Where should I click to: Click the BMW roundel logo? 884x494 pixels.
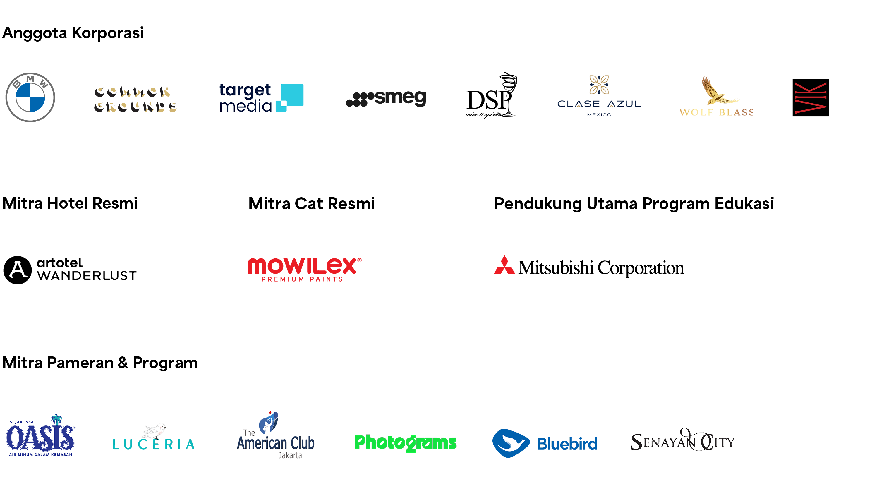click(30, 97)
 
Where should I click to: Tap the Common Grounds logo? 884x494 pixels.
click(135, 99)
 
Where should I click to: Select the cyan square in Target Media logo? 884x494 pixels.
click(292, 95)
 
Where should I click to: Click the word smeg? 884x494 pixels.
click(400, 98)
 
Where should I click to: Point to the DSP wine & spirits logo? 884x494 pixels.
click(491, 96)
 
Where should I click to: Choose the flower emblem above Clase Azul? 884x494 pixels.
click(599, 85)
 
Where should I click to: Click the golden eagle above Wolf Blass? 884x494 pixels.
click(717, 91)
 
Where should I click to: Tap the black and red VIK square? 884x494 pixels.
click(810, 98)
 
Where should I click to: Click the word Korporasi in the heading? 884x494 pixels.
click(107, 33)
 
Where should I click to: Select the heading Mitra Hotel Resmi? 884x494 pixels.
click(70, 203)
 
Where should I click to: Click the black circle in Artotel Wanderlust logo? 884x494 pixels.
click(18, 270)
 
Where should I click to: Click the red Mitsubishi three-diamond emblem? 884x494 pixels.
click(504, 265)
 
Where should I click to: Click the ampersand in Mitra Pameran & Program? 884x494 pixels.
click(123, 363)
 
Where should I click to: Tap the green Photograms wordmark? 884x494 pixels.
click(405, 442)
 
